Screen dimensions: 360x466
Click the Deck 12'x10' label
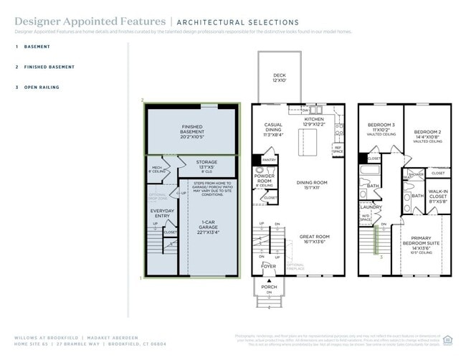(279, 77)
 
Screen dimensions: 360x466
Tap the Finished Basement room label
(191, 130)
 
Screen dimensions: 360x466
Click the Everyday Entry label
(161, 212)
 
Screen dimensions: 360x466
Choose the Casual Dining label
(273, 129)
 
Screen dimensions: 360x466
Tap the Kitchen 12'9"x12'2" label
(313, 122)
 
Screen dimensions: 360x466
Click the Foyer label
(268, 267)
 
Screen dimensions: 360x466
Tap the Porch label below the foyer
(268, 287)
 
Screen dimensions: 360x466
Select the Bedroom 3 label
(381, 128)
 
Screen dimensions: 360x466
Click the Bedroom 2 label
(427, 135)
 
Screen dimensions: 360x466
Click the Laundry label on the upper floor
(369, 207)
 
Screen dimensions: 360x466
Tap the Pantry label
(269, 159)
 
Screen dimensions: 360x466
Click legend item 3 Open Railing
(42, 87)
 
